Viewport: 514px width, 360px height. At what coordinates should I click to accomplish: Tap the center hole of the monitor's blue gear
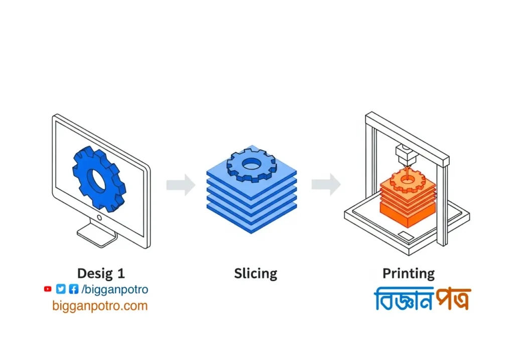96,179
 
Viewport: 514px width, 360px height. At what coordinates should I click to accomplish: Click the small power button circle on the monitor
99,218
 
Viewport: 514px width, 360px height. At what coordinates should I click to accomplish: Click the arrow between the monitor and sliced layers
181,184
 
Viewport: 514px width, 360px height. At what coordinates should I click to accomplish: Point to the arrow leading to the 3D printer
326,184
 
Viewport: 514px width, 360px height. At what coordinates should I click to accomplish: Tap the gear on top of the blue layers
251,165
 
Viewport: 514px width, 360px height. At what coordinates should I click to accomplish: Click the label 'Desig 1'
101,274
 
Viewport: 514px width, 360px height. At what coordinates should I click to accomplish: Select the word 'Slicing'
255,274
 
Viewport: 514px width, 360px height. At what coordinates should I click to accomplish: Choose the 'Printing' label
409,274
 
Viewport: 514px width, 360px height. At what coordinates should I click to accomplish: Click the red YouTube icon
48,289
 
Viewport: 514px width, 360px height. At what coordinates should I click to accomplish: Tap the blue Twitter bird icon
61,289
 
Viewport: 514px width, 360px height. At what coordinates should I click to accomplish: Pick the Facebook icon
73,289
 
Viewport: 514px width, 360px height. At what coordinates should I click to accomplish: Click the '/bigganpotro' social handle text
115,290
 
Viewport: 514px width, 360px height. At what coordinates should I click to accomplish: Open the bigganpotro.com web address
100,305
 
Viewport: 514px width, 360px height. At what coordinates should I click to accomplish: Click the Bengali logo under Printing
422,299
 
